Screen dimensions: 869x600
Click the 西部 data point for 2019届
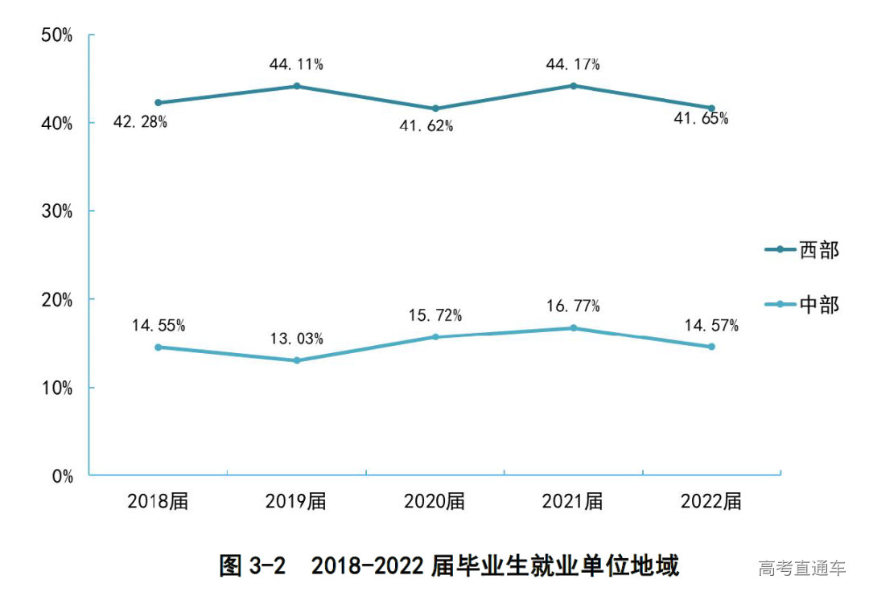[296, 86]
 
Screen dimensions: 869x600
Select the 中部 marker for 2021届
[574, 328]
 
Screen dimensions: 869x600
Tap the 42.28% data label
[140, 123]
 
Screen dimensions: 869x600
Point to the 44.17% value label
[572, 64]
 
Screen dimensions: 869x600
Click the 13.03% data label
[296, 339]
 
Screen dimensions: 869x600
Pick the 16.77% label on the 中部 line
[572, 306]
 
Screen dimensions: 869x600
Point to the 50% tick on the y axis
[57, 35]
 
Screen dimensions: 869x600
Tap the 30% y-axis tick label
[57, 212]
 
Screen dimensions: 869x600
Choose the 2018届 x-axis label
[158, 502]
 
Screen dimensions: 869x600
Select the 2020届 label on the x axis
[434, 502]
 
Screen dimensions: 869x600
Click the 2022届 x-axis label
[711, 502]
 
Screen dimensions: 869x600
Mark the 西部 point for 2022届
[711, 108]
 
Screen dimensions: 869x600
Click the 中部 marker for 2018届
[158, 347]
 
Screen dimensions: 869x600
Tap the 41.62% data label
[426, 126]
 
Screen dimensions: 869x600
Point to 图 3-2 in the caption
[253, 566]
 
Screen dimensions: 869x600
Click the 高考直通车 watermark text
[802, 569]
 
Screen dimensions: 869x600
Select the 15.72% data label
[434, 315]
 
